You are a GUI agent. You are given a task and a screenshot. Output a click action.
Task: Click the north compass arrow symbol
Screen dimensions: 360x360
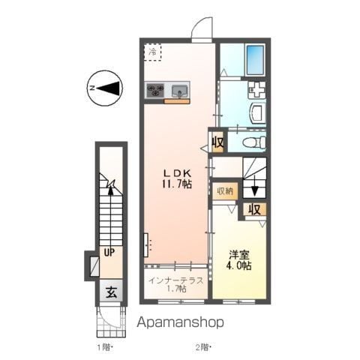coord(105,88)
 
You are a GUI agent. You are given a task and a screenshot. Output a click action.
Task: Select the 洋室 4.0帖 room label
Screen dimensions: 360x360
coord(238,259)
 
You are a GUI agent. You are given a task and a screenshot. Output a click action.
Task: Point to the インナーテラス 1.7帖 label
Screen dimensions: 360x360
coord(177,284)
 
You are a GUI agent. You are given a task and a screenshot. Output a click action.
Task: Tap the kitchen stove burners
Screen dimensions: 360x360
coord(155,91)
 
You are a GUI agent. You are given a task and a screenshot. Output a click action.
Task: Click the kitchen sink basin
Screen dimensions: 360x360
coord(178,91)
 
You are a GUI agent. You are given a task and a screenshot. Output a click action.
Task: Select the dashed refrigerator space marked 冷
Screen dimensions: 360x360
coord(154,52)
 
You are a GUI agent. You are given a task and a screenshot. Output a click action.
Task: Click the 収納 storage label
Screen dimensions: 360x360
coord(225,190)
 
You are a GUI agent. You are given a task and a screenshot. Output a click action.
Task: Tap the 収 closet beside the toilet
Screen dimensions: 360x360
coord(217,140)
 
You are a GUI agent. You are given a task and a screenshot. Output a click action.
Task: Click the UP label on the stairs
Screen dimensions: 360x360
coord(109,253)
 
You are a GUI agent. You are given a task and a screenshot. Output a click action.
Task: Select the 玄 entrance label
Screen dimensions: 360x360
coord(109,292)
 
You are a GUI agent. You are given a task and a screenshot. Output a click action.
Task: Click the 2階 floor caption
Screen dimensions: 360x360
coord(203,346)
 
